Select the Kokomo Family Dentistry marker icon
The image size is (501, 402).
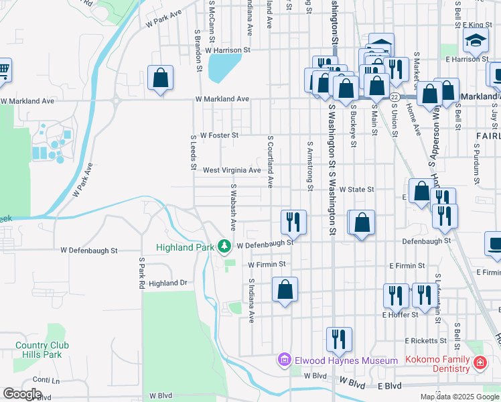480,363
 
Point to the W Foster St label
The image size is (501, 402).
217,135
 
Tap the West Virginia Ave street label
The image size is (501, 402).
232,171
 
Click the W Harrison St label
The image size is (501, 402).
228,50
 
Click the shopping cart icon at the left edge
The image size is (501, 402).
3,69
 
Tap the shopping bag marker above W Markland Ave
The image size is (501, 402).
161,78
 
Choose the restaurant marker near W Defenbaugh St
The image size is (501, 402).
293,220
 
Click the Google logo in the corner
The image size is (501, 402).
22,394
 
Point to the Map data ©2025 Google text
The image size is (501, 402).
459,397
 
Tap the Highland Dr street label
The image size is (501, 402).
167,283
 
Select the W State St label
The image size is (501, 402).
356,190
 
